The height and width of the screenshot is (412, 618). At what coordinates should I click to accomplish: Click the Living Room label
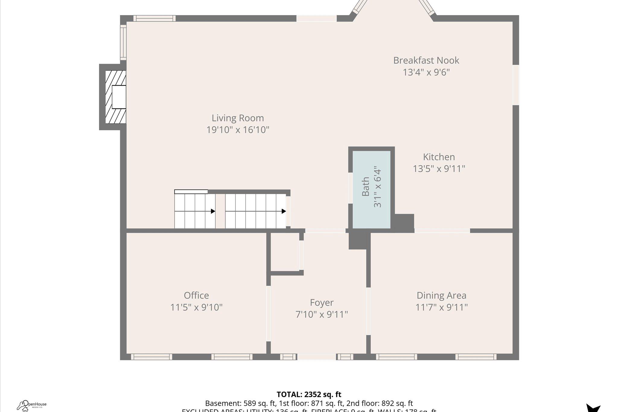[237, 118]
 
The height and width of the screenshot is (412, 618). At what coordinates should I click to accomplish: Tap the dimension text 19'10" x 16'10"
[237, 130]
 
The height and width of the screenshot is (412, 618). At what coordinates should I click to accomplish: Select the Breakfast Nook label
[426, 60]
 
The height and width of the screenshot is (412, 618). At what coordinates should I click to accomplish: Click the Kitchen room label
[439, 157]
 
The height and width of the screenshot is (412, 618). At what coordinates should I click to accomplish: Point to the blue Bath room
[371, 189]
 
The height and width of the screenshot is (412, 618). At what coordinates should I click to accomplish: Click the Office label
[196, 295]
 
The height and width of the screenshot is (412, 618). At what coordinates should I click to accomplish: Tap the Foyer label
[321, 302]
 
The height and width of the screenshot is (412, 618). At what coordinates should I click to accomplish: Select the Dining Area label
[441, 295]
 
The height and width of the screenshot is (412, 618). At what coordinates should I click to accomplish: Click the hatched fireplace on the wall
[116, 97]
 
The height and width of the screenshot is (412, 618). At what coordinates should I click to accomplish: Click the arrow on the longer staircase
[283, 211]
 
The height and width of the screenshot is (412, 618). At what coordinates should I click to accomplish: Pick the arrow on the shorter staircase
[213, 211]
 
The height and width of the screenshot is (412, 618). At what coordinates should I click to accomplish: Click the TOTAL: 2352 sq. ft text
[309, 394]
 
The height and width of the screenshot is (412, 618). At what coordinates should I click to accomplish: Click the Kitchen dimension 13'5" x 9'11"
[439, 169]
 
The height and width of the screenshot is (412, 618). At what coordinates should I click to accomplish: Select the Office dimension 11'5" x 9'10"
[196, 307]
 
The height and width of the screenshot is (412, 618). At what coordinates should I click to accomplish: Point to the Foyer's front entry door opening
[316, 357]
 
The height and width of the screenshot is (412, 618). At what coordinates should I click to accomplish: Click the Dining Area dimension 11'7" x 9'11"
[441, 307]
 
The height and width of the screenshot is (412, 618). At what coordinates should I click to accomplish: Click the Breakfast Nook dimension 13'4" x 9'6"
[426, 72]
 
